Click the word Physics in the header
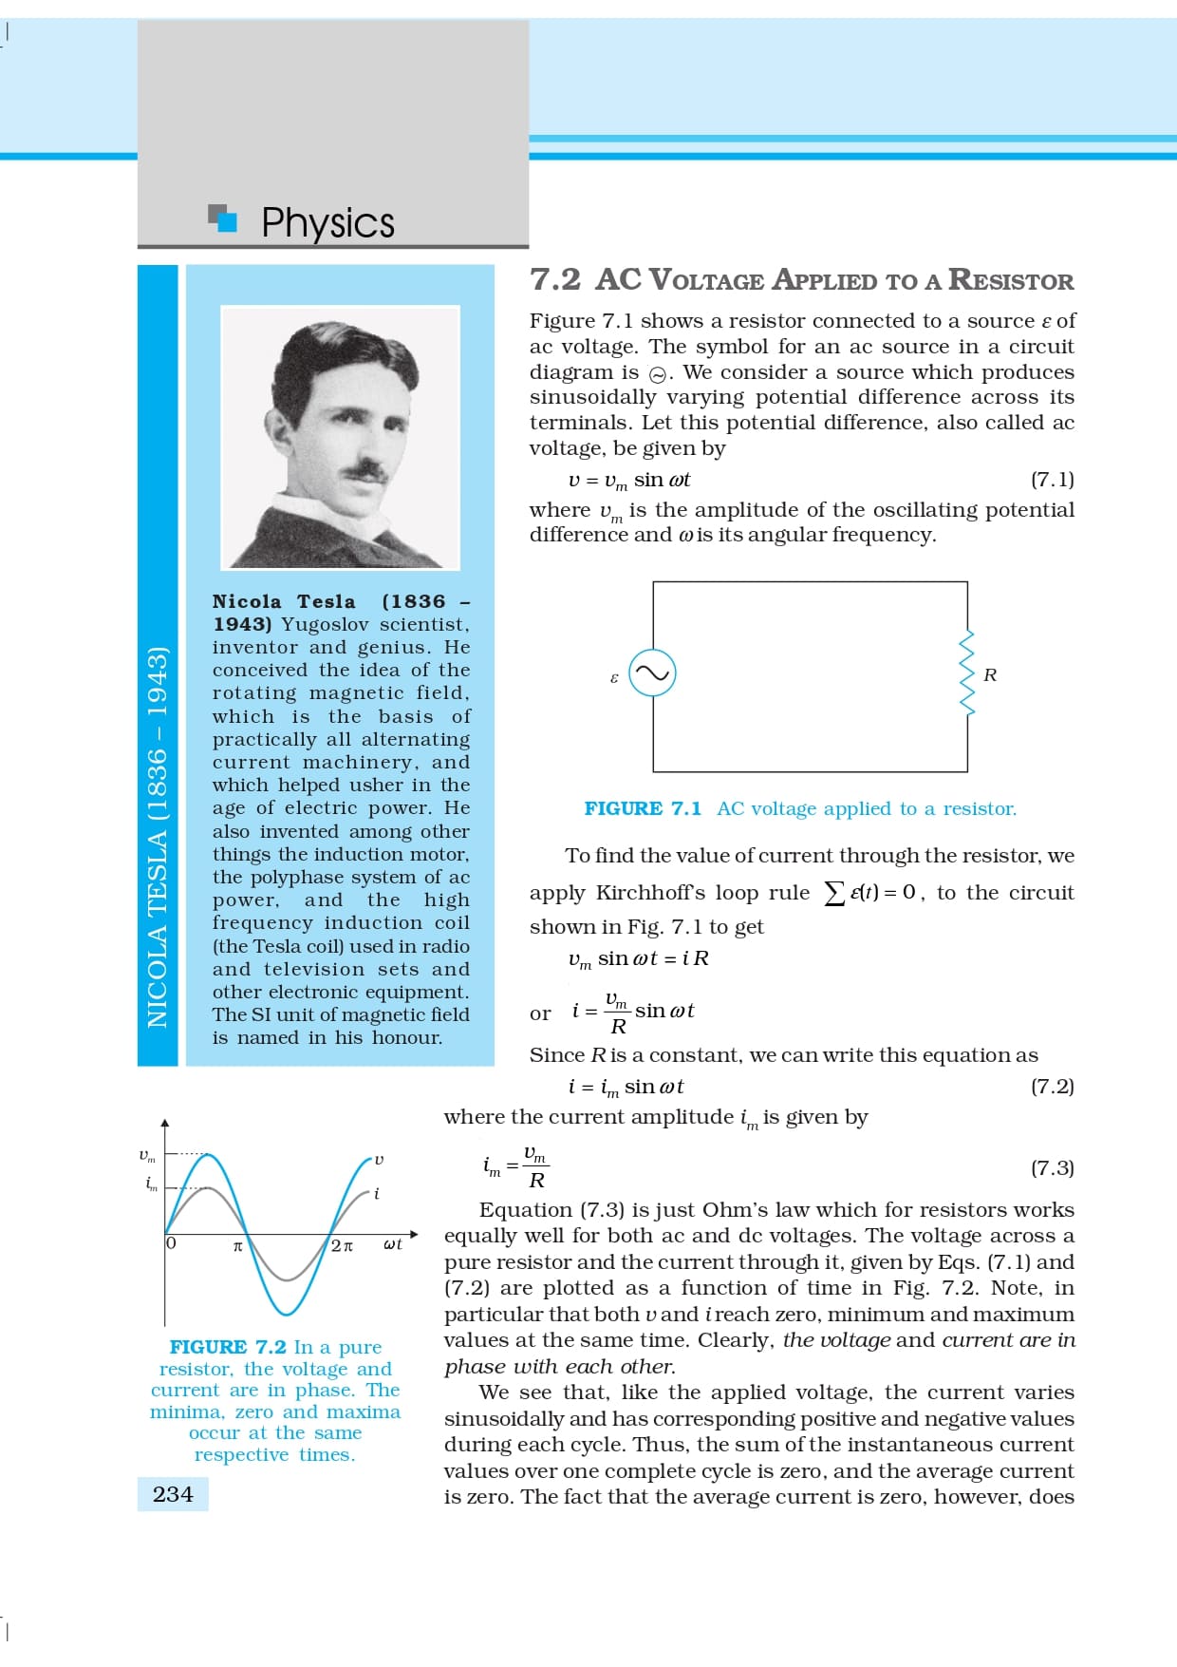327,223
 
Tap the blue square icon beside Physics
225,219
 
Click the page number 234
173,1494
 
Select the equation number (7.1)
1052,479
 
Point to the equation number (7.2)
1052,1086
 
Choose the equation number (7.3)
1052,1167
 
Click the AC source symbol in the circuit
653,672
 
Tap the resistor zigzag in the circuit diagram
967,673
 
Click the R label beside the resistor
990,674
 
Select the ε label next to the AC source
614,678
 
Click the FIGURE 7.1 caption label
643,808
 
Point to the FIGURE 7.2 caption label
228,1347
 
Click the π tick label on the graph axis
238,1245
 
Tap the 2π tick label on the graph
342,1245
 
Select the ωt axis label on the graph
392,1244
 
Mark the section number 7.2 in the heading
555,279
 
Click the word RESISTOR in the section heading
1011,280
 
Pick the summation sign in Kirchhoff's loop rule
833,893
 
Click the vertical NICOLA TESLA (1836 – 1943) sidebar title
158,836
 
